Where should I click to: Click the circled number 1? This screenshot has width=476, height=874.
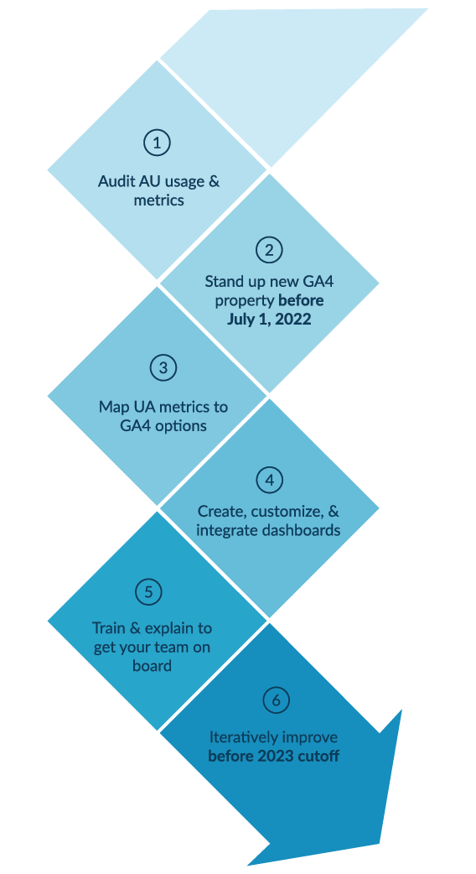click(157, 142)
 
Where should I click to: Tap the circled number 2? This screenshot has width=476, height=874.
click(269, 249)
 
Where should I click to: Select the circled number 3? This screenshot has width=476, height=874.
click(163, 367)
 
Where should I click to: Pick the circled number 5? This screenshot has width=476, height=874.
click(148, 592)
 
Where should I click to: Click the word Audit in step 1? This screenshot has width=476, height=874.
click(116, 181)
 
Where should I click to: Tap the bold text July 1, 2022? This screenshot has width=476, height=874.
click(269, 319)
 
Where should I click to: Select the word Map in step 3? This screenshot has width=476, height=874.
click(113, 408)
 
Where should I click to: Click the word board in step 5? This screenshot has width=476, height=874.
click(152, 665)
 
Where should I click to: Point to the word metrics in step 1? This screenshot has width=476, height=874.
click(159, 200)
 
